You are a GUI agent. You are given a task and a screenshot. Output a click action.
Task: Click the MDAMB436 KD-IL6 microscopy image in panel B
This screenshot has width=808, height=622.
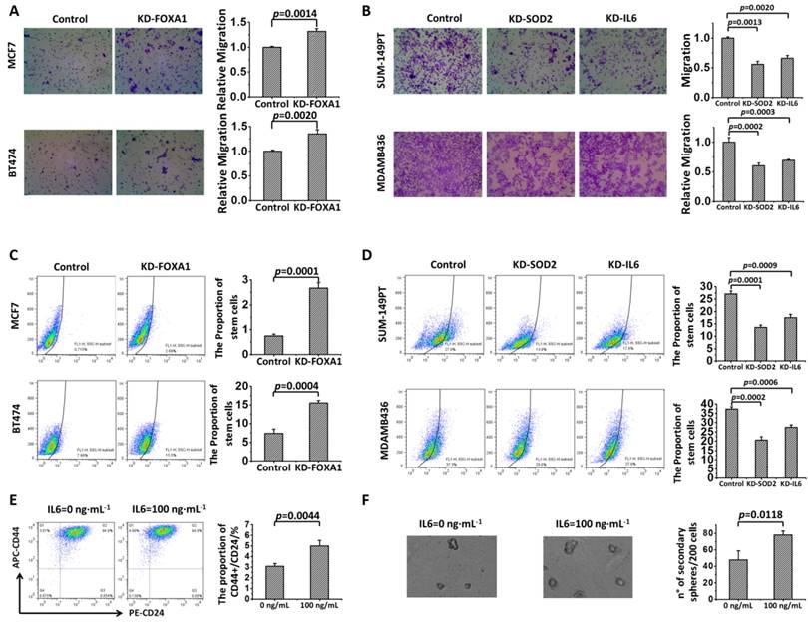click(x=620, y=172)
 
